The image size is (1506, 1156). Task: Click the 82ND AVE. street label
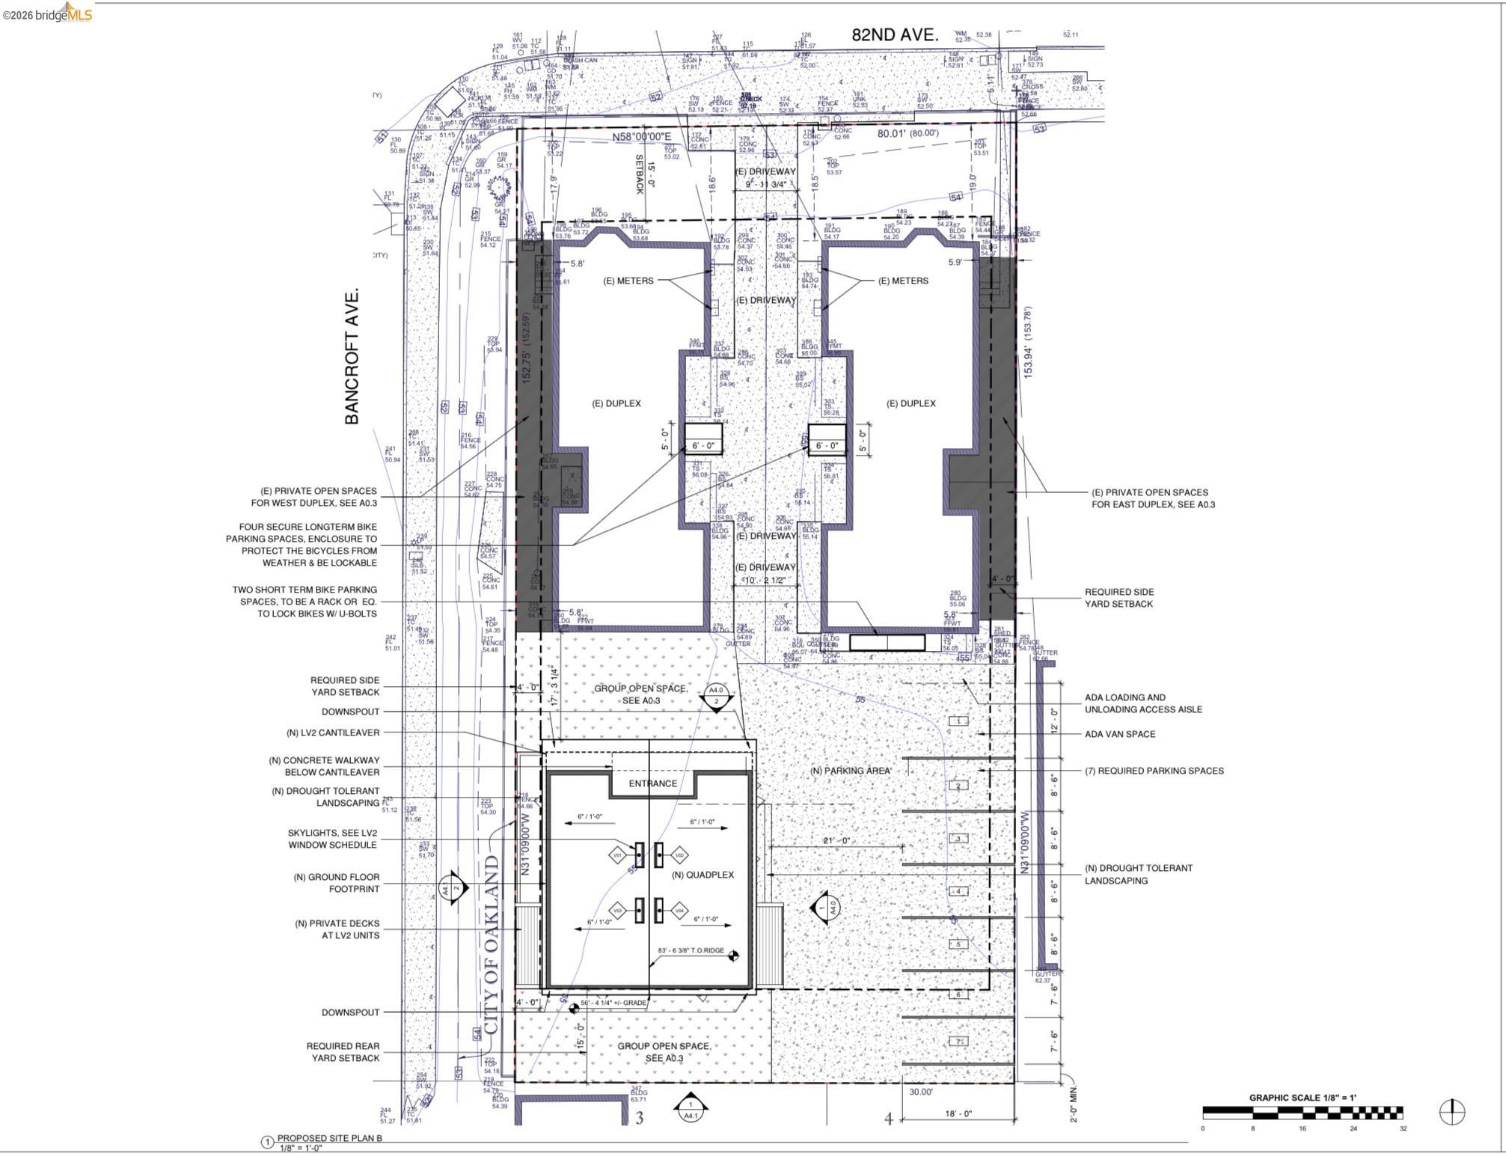tap(894, 35)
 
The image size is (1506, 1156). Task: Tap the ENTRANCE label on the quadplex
tap(652, 783)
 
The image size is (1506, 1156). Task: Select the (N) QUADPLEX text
tap(702, 875)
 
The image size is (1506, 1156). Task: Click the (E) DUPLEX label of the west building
tap(616, 403)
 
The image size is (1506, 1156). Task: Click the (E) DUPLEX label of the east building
tap(910, 403)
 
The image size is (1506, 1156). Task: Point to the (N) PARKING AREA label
tap(851, 771)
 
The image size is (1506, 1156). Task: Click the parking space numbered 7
tap(958, 1042)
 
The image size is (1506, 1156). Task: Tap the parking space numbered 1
tap(959, 721)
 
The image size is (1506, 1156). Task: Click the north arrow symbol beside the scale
tap(1451, 1112)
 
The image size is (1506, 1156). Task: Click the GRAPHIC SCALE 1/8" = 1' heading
tap(1302, 1098)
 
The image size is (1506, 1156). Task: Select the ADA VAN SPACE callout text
tap(1120, 734)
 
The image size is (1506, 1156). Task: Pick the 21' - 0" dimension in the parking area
tap(837, 841)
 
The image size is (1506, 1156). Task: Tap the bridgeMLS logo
tap(47, 13)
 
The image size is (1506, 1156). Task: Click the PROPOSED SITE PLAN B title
tap(329, 1138)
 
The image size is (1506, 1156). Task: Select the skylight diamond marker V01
tap(617, 855)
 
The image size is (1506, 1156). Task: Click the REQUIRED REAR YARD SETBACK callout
tap(343, 1052)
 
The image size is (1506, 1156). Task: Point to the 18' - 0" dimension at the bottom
tap(958, 1114)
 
